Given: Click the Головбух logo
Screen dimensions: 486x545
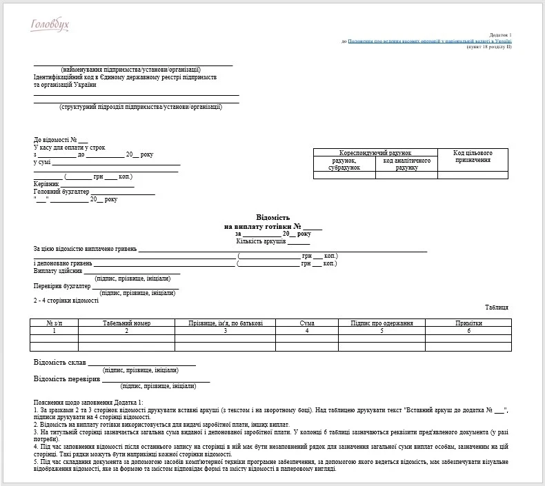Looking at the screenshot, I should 50,26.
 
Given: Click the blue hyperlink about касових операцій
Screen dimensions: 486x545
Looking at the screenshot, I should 430,41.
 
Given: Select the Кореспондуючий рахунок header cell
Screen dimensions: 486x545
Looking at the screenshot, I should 375,152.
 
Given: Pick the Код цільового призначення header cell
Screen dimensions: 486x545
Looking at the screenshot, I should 473,156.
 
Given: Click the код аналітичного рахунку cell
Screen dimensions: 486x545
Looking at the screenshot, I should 407,164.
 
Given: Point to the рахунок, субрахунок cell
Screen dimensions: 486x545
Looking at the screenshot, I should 344,164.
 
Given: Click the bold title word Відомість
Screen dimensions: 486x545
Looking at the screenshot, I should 273,218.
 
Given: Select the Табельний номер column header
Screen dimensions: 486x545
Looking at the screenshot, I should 126,323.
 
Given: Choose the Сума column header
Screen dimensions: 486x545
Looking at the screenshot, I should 307,323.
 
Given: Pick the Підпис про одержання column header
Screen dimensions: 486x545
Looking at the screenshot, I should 381,323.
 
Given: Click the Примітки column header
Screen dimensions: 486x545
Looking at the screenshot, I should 468,323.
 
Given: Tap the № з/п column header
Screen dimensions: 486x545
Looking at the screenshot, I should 54,323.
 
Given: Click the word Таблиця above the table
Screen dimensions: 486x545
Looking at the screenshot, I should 496,307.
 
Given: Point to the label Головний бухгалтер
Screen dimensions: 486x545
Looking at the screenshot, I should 61,192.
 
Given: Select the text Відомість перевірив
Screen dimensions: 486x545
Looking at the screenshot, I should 66,378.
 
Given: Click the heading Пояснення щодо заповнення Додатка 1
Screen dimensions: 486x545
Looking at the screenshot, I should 88,402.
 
